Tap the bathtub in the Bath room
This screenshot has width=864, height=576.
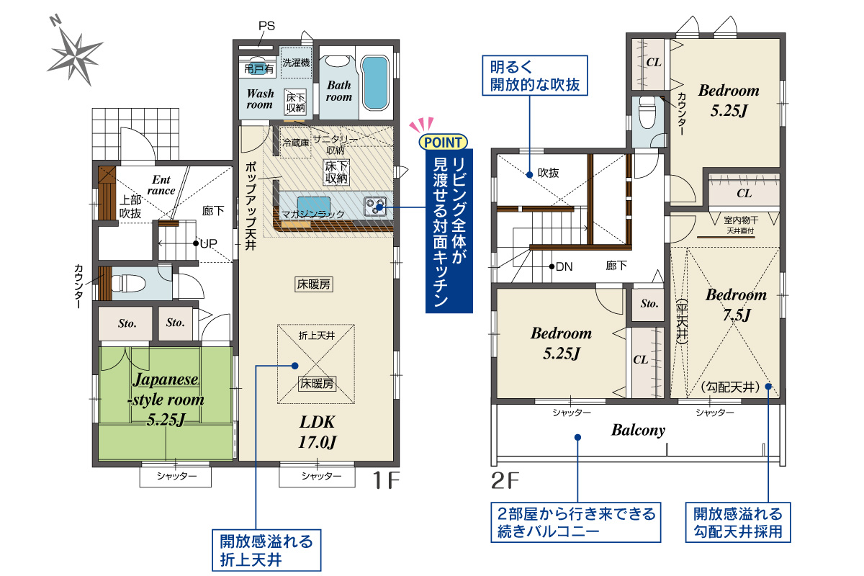[x=375, y=83]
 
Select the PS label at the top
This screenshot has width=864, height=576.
[x=266, y=26]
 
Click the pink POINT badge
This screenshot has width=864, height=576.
[x=443, y=142]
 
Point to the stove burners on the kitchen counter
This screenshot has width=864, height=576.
[x=375, y=206]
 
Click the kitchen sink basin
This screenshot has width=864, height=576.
[x=314, y=204]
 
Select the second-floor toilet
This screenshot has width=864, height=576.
[x=647, y=112]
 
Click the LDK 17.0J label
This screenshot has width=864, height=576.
[x=318, y=432]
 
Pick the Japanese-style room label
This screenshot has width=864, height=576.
[x=166, y=399]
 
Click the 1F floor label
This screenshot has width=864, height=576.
[x=386, y=480]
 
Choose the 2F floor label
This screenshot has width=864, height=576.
[x=505, y=481]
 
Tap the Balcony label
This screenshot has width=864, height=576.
[x=639, y=430]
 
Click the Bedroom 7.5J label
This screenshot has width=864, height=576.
[x=736, y=305]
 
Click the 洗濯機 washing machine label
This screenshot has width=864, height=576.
[x=296, y=63]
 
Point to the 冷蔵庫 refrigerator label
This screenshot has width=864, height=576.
[x=295, y=143]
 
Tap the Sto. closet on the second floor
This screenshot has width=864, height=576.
[x=649, y=304]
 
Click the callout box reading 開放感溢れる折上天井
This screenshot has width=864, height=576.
[x=266, y=550]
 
